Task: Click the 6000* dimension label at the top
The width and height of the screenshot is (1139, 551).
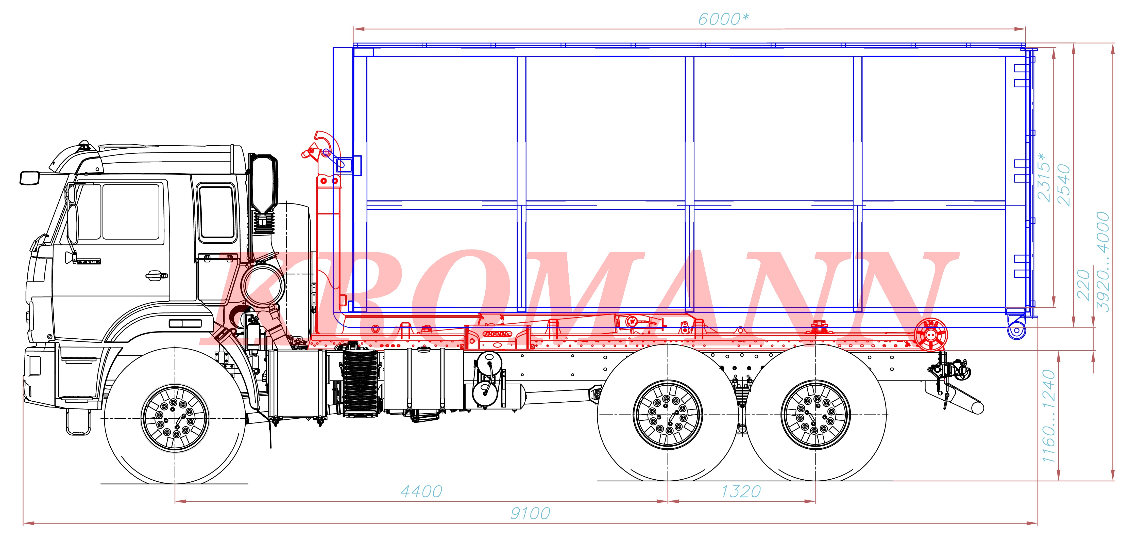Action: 723,19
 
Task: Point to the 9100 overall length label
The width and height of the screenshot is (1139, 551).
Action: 530,513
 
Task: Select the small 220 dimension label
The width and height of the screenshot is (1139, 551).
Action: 1083,286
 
